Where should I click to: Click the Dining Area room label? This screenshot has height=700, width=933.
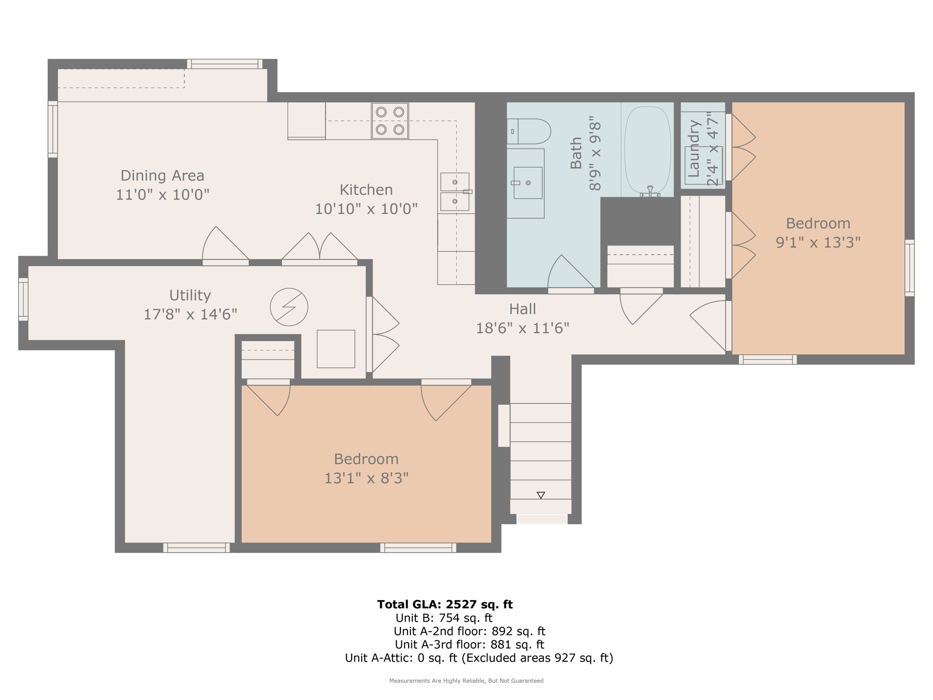[162, 175]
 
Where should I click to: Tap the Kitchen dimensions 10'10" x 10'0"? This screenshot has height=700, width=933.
[366, 209]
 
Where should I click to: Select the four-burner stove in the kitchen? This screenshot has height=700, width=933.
[390, 121]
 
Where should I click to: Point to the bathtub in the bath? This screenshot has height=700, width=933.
[647, 150]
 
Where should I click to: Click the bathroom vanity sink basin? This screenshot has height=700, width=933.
[528, 183]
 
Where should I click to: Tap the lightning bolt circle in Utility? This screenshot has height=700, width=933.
[289, 307]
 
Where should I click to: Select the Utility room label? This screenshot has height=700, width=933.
[190, 295]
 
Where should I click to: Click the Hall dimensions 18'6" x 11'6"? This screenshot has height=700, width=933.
[523, 328]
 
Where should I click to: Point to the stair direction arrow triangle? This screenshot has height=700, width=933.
[541, 495]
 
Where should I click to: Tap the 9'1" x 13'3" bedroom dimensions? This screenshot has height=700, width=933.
[818, 242]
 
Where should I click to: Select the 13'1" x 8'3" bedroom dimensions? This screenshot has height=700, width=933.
[366, 478]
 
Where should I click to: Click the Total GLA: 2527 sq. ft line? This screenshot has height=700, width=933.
[445, 604]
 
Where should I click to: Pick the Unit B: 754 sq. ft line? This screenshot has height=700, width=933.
[444, 618]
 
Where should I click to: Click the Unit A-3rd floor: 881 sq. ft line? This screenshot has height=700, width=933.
[469, 644]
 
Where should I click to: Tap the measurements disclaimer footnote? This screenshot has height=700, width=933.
[466, 681]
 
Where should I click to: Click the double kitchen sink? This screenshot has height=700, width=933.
[455, 192]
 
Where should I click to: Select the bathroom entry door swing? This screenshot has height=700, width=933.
[569, 273]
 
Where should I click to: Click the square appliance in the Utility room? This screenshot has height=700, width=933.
[336, 349]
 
